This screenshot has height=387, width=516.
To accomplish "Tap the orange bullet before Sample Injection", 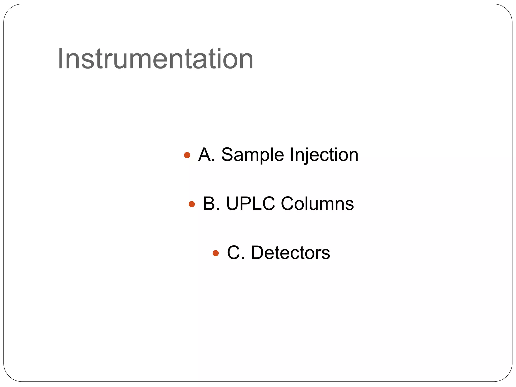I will (187, 155).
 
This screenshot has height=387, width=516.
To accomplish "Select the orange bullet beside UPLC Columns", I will (192, 204).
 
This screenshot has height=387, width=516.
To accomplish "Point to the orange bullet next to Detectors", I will (216, 253).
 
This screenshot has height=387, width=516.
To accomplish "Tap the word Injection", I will (324, 155).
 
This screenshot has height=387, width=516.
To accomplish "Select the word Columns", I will (317, 204).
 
